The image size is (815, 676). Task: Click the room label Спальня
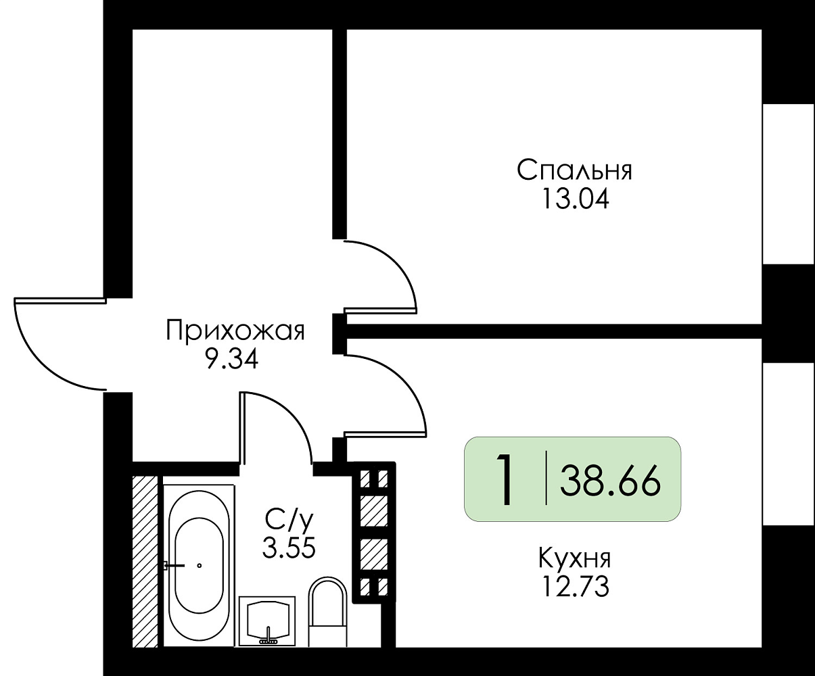coord(574,170)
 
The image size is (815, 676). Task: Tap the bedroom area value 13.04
coord(574,199)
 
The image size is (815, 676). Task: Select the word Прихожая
coord(235,331)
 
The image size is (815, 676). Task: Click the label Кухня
coord(575,559)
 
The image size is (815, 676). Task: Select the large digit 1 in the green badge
coord(503,480)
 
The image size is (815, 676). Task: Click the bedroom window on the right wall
coord(788,184)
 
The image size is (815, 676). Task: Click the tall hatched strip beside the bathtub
coord(145,561)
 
